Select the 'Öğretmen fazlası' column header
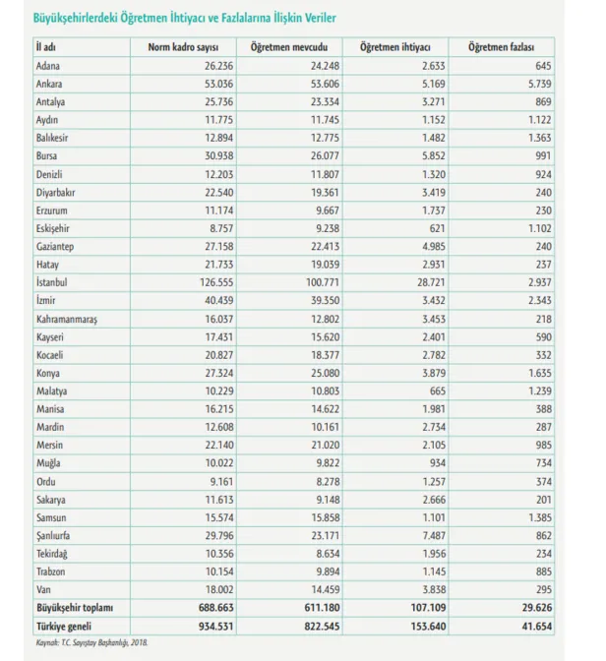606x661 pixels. (501, 47)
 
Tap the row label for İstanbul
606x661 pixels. (51, 280)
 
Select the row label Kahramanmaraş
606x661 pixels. (67, 319)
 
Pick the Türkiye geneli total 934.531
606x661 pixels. (207, 626)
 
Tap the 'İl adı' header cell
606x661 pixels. (44, 47)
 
